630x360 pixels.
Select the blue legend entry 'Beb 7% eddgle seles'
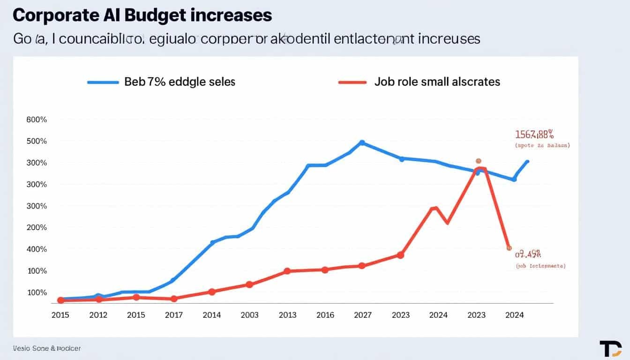180,82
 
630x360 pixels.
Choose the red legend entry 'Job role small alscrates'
437,82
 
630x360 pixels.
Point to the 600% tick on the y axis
37,120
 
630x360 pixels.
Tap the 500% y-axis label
37,141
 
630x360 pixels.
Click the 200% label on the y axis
37,227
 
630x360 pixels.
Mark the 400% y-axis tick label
37,249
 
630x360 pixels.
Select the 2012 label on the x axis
98,315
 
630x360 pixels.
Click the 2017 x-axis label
174,315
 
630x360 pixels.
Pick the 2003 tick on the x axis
249,315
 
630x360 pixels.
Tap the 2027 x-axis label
363,315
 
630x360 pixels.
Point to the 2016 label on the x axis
325,315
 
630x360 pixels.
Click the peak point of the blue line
362,142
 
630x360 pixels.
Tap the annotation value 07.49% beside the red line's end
528,255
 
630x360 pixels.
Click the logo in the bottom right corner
610,349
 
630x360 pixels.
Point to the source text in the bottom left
47,348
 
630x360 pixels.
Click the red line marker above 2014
211,292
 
